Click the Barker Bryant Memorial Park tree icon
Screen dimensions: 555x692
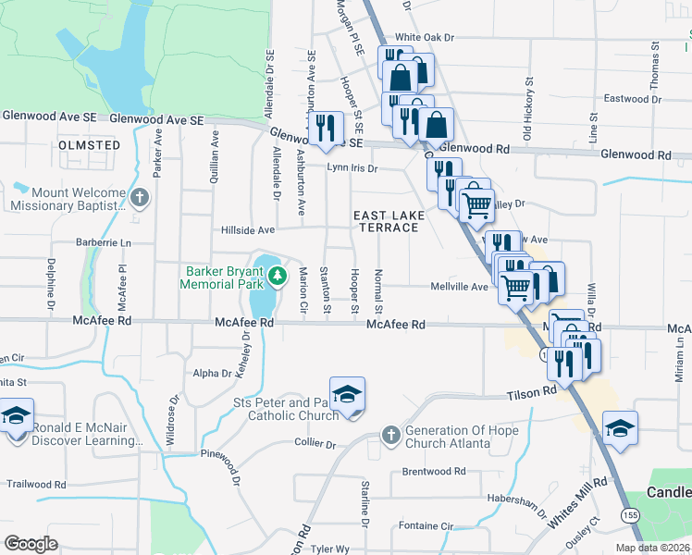[277, 276]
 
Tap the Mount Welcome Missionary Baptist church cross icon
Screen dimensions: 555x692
[139, 198]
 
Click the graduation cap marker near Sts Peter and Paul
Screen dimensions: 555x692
[347, 395]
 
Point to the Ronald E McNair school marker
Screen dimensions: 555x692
[16, 415]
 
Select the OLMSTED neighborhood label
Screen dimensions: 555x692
[89, 146]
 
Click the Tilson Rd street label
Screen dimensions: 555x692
[531, 394]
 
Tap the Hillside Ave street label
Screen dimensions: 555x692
[248, 229]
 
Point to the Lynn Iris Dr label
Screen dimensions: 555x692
[352, 168]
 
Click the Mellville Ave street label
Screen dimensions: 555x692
[459, 287]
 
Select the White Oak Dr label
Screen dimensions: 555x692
[426, 38]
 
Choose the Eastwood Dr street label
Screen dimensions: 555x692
[628, 98]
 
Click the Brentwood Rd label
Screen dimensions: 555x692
[434, 472]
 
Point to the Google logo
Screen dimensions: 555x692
[31, 544]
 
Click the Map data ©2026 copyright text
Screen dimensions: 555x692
[652, 548]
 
